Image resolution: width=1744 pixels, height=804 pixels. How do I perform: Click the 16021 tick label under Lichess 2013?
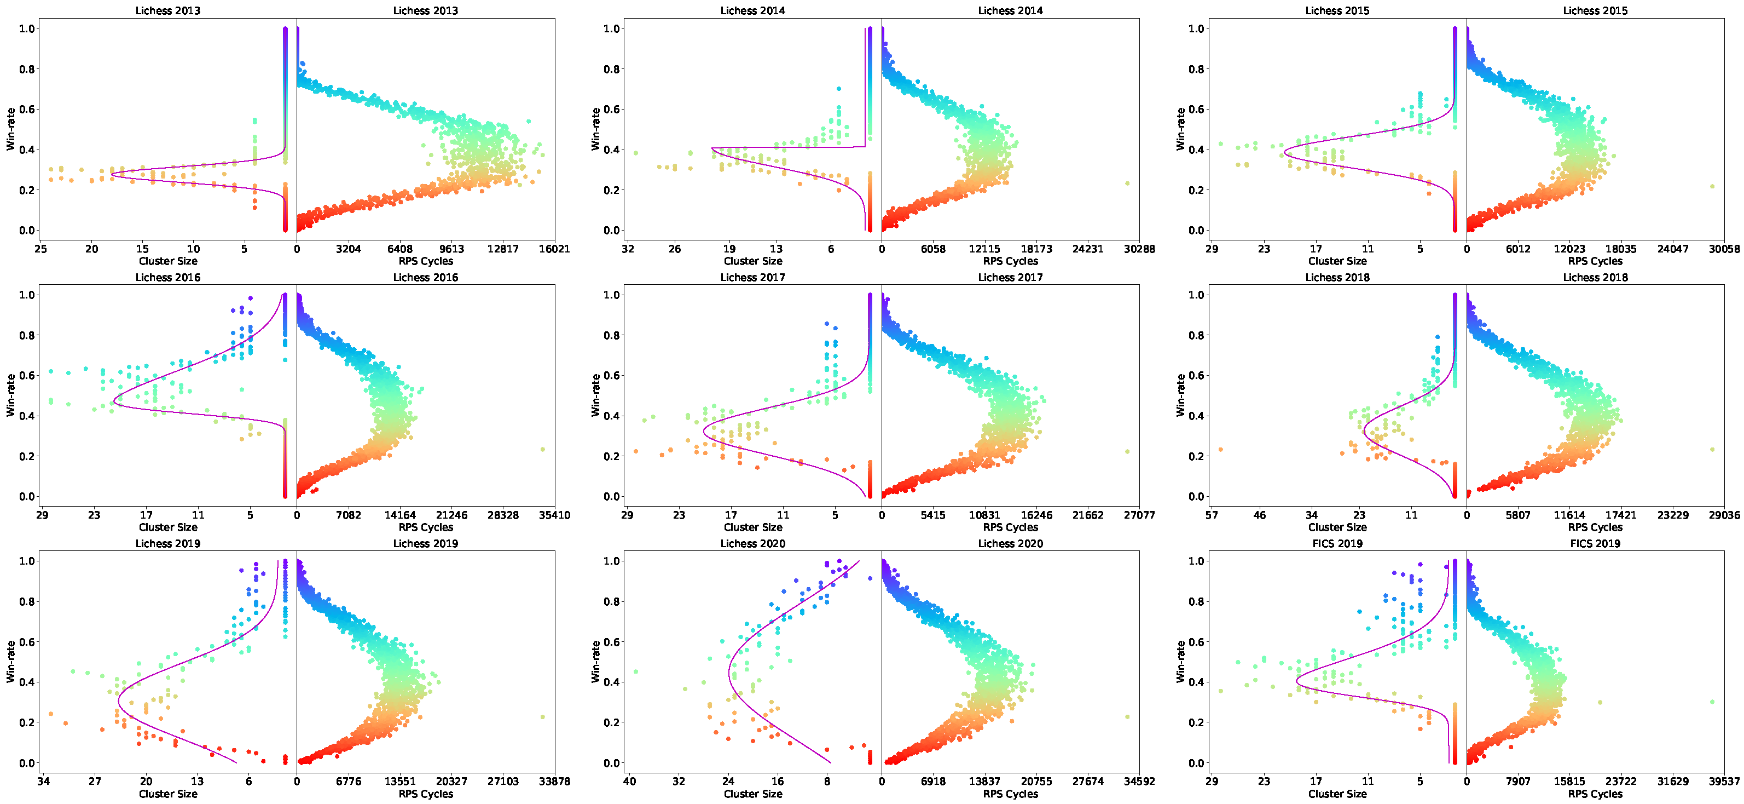(x=554, y=249)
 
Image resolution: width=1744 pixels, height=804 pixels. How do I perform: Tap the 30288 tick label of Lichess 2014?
(x=1139, y=249)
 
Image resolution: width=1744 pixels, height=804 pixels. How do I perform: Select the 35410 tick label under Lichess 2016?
(x=554, y=515)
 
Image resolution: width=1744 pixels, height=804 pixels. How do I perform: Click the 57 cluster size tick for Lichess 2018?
(x=1212, y=515)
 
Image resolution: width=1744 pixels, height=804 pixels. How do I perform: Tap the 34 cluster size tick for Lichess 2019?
(x=43, y=781)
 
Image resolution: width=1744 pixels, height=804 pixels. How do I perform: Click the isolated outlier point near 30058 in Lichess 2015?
(x=1712, y=186)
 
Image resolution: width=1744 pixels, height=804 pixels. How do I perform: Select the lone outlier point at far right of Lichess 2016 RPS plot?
(x=542, y=449)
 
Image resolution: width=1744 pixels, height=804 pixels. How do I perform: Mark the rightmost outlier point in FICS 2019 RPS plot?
(x=1712, y=702)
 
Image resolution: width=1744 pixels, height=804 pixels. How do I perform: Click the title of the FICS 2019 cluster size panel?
(x=1336, y=543)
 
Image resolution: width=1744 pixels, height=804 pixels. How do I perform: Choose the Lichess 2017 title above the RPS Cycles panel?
(x=1010, y=277)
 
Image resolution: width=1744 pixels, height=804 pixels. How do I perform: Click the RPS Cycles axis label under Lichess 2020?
(x=1010, y=793)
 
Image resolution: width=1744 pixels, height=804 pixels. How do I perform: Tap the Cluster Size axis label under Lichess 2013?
(x=168, y=261)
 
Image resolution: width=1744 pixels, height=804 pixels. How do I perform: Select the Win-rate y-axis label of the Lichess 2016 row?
(x=11, y=395)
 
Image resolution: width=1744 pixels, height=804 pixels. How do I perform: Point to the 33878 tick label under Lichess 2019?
(x=554, y=781)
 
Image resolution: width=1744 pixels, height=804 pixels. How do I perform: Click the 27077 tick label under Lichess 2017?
(x=1139, y=515)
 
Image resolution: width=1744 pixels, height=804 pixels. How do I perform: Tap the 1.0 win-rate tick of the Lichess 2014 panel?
(x=611, y=28)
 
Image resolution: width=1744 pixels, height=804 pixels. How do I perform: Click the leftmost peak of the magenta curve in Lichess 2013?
(x=112, y=175)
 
